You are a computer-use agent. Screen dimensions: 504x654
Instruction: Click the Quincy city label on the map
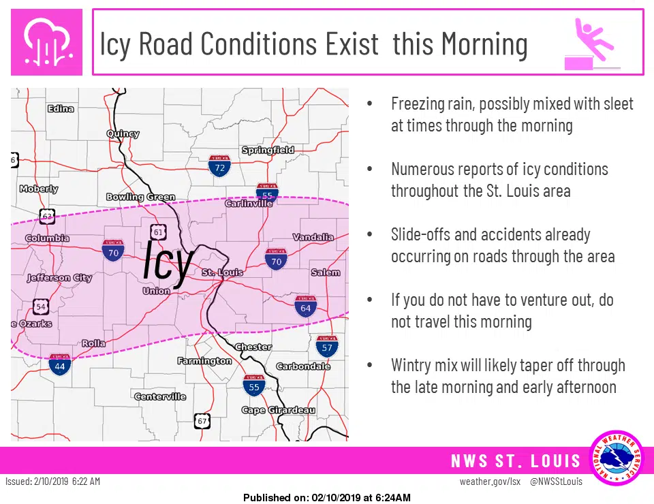pos(123,134)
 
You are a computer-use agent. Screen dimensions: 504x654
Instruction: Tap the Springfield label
pos(268,150)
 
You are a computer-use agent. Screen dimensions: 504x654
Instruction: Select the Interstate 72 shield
pos(219,166)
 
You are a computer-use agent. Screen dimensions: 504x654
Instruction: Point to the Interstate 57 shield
pos(328,347)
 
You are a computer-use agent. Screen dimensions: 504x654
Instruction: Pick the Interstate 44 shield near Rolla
pos(60,365)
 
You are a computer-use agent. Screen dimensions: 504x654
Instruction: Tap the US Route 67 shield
pos(201,420)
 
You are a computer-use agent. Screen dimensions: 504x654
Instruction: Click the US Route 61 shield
pos(158,232)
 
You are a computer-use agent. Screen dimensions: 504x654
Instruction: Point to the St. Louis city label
pos(222,272)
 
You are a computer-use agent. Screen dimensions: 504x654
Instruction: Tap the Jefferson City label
pos(59,278)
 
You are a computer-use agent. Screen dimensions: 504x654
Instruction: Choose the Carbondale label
pos(303,366)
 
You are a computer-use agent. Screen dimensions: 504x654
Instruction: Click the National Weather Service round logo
pos(616,458)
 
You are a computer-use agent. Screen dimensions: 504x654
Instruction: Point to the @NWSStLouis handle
pos(556,482)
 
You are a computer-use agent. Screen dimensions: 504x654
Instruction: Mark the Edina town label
pos(61,109)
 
